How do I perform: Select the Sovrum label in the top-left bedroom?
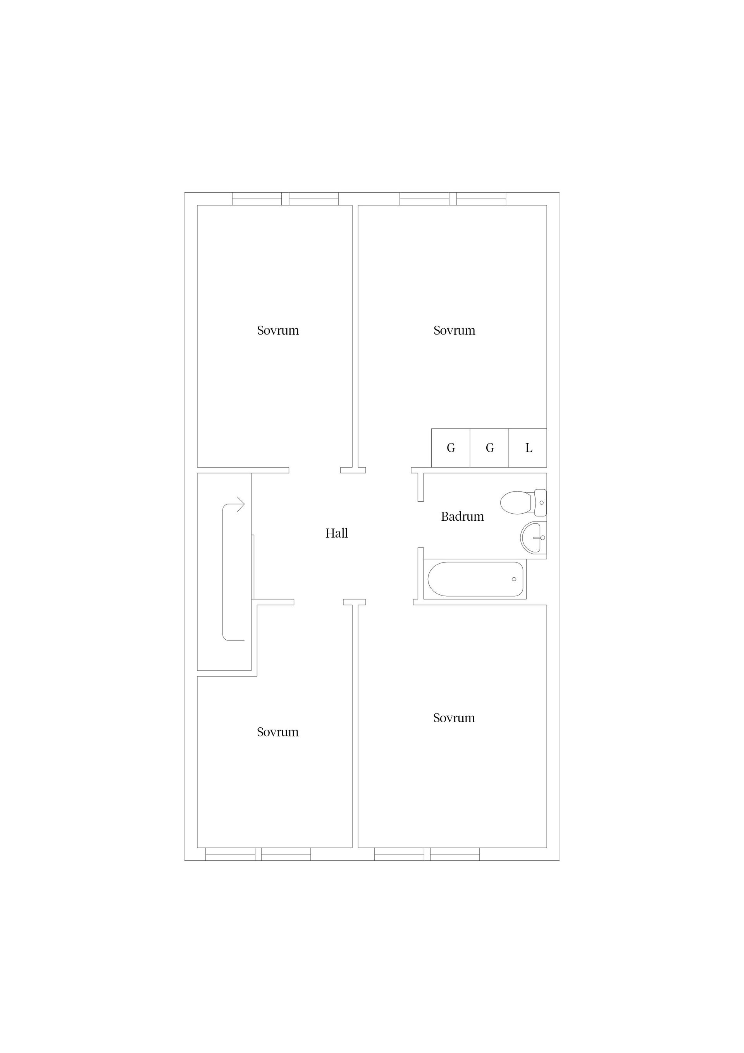coord(278,330)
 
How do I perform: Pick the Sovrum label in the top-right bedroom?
coord(454,330)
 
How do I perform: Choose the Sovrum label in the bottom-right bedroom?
coord(454,718)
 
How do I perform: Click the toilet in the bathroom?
coord(523,502)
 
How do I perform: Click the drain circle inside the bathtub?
coord(514,579)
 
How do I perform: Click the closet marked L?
coord(528,448)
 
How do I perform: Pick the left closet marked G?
coord(451,448)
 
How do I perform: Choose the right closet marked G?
coord(489,448)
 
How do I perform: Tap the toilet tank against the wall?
coord(541,502)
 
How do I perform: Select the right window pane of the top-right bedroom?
coord(481,199)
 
